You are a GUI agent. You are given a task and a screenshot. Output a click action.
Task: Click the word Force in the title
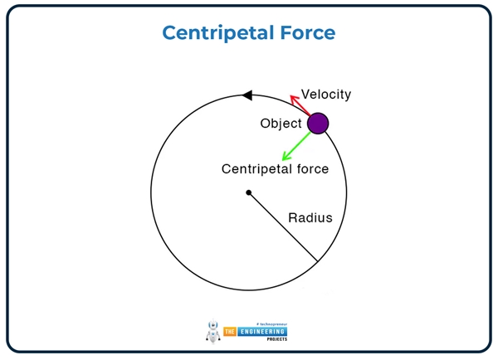tap(304, 32)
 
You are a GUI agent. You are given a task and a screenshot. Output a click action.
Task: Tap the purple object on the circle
tap(318, 124)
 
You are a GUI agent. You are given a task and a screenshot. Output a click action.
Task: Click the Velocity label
tap(326, 95)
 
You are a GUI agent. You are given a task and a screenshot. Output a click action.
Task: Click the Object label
tap(281, 124)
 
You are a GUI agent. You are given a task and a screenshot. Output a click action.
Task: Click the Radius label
tap(310, 218)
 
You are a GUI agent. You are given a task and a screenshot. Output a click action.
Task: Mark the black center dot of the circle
tap(248, 193)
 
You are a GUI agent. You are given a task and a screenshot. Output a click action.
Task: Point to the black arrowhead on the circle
tap(247, 96)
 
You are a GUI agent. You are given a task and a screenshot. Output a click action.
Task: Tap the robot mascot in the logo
tap(212, 331)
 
